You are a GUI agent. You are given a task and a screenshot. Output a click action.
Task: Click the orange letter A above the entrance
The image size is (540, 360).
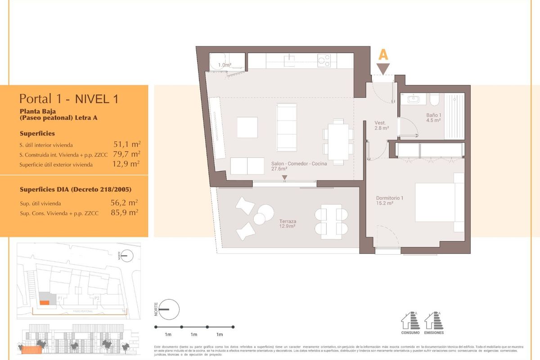[x=383, y=54]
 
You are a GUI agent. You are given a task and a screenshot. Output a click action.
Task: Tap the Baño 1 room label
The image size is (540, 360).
[x=434, y=117]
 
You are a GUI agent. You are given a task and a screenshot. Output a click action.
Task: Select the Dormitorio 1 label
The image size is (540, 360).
[x=390, y=200]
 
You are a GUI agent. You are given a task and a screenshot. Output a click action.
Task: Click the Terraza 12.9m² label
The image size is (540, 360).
[x=287, y=224]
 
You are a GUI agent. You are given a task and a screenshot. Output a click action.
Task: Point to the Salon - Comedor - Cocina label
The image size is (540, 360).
[x=299, y=166]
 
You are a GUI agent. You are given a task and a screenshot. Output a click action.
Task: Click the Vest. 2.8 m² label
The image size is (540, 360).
[x=382, y=125]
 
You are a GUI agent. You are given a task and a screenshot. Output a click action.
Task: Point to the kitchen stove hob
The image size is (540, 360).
[x=324, y=61]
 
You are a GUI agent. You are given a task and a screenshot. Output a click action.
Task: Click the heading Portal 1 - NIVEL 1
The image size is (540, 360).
[x=69, y=99]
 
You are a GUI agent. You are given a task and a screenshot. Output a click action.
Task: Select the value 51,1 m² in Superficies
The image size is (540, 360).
[x=127, y=144]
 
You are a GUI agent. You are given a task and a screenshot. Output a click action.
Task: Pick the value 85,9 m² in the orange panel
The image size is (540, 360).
[x=124, y=212]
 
